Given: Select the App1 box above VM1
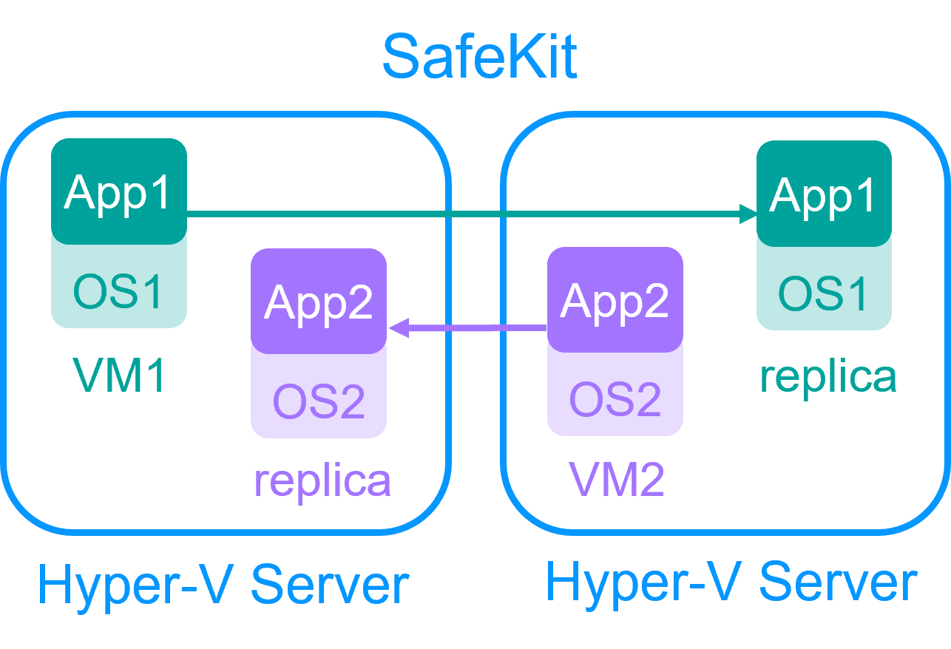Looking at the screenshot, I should (118, 191).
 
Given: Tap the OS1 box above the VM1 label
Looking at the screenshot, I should (118, 290).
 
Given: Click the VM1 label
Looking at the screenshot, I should (118, 376).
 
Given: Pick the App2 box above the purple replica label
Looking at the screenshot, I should (319, 301).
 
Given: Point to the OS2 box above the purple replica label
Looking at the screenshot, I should (319, 401).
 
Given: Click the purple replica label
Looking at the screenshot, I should (322, 480).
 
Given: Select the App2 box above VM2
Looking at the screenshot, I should (615, 300).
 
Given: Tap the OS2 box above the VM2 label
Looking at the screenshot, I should (615, 399).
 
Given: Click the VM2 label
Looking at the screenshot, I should (617, 480).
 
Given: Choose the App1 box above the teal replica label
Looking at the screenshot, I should (823, 194).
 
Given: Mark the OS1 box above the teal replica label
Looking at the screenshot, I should (823, 293).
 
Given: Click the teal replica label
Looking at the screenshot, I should (828, 376).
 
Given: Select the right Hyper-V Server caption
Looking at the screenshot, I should (731, 582).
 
